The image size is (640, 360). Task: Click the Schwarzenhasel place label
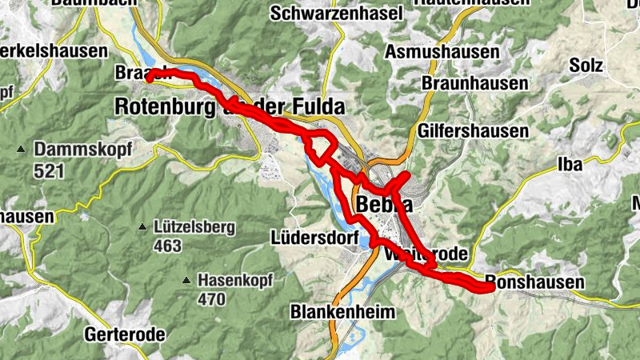(329, 14)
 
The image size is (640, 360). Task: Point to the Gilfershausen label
(473, 130)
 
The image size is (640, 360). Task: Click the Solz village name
(586, 65)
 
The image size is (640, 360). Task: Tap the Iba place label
(569, 165)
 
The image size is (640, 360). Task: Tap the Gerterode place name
(125, 334)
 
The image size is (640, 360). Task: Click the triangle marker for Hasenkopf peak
(186, 281)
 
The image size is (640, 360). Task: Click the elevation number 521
(47, 170)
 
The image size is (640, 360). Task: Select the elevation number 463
(167, 246)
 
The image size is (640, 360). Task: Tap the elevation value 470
(212, 300)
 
